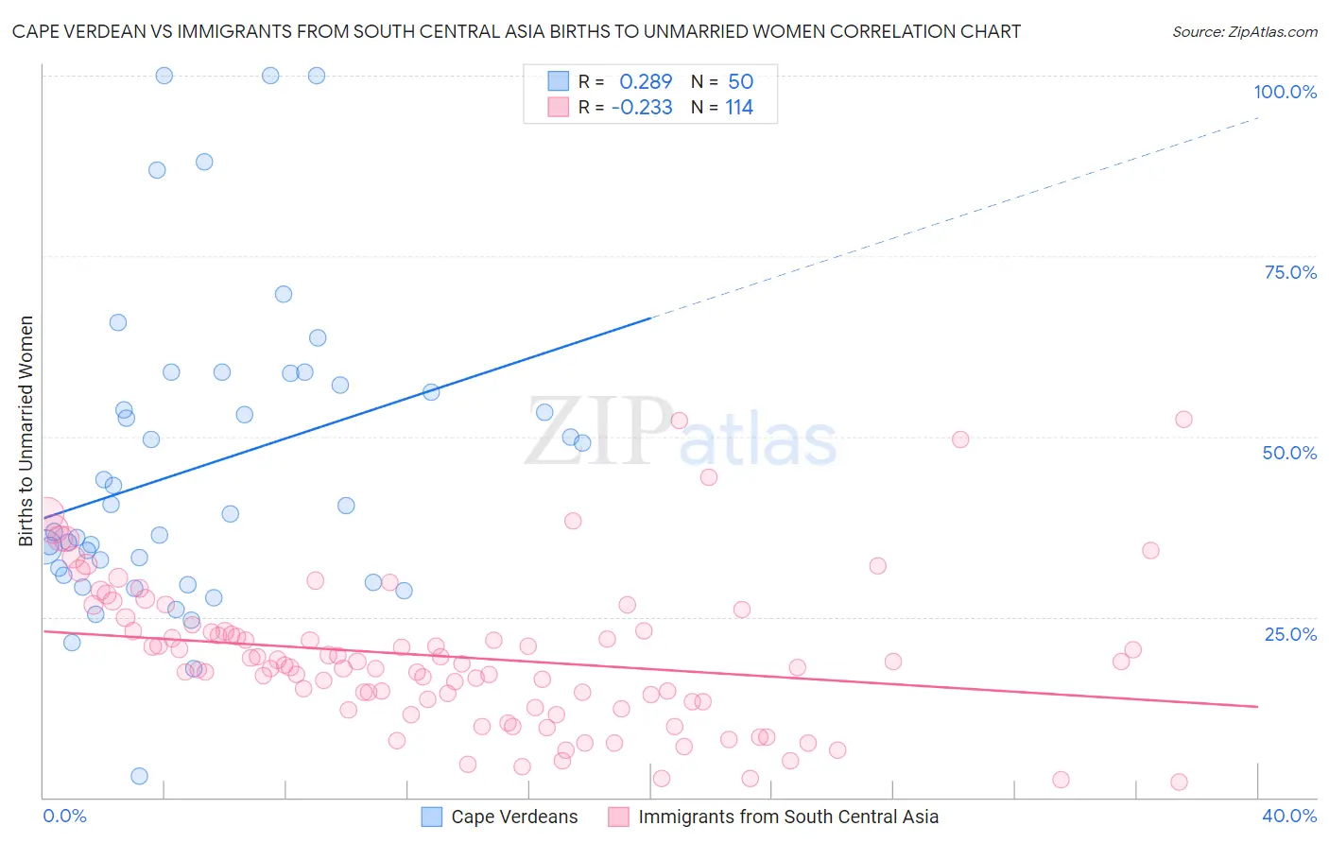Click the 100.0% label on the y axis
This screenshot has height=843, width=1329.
point(1285,92)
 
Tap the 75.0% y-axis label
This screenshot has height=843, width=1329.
point(1290,272)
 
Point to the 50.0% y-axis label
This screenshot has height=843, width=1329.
point(1289,453)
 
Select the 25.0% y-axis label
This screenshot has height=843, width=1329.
point(1290,634)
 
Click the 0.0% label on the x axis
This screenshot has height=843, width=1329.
point(64,816)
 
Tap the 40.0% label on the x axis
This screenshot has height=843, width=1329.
point(1289,816)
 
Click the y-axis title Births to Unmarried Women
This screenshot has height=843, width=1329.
point(26,431)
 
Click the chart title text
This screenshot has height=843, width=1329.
point(516,31)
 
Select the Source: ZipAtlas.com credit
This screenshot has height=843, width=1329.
point(1244,31)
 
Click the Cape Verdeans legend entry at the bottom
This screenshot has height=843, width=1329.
point(513,817)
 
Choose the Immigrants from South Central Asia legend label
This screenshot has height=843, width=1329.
point(787,817)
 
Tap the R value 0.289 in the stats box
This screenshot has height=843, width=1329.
point(646,82)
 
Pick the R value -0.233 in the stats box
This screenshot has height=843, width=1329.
point(642,108)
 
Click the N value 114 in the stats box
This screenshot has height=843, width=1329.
point(739,108)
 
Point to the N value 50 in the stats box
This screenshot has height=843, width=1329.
point(740,82)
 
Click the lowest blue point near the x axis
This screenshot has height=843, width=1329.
point(139,776)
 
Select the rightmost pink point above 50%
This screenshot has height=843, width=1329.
point(1183,420)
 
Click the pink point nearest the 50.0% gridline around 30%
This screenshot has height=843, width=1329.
point(960,439)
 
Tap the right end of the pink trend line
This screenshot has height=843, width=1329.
point(1257,707)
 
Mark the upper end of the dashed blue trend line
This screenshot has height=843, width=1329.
point(1259,117)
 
